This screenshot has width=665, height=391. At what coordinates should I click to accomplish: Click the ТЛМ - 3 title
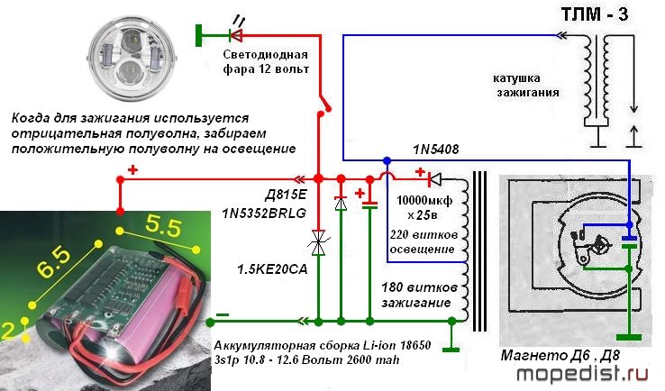[x=595, y=14]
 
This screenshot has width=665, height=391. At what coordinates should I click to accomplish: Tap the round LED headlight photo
[x=129, y=59]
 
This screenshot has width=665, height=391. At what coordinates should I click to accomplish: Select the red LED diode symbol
[x=235, y=35]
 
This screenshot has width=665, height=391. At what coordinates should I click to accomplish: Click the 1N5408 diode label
[x=435, y=150]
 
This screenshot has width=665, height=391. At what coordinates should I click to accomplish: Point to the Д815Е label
[x=286, y=195]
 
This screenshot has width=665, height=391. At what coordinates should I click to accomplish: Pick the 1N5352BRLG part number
[x=264, y=213]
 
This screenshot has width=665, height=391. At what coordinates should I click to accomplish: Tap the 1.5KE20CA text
[x=272, y=268]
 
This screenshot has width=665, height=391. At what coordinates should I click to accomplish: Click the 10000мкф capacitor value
[x=424, y=201]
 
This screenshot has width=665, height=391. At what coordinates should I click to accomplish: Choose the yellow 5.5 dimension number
[x=163, y=226]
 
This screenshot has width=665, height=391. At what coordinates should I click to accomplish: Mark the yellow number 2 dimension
[x=7, y=331]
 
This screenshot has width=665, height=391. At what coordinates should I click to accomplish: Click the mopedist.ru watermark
[x=582, y=374]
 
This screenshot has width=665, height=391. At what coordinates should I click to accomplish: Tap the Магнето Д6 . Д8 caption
[x=560, y=355]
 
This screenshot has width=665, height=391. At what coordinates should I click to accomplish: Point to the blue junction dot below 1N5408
[x=387, y=160]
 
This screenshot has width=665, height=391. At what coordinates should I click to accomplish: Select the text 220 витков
[x=424, y=234]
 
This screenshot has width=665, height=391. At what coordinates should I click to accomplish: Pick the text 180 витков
[x=419, y=287]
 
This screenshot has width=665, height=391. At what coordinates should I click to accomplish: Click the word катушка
[x=516, y=78]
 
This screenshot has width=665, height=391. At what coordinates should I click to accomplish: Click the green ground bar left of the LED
[x=198, y=35]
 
